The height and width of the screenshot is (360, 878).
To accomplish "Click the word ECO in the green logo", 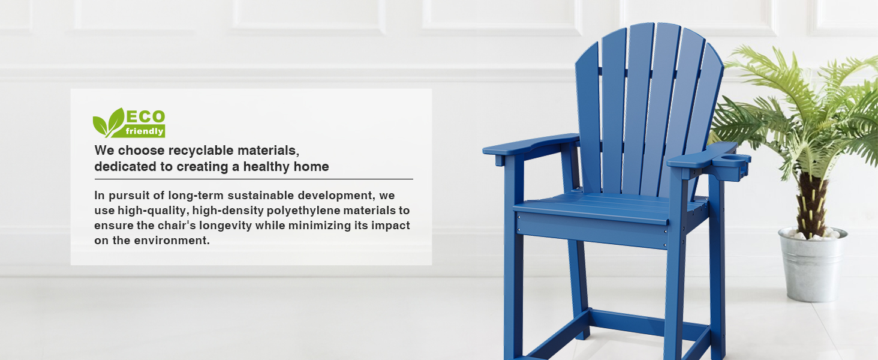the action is pos(145,117).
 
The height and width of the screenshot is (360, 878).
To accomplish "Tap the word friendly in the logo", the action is pos(145,131).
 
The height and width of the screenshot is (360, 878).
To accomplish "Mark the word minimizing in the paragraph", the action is pos(320,226).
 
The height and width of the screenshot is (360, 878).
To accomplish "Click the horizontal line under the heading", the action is pos(254,179).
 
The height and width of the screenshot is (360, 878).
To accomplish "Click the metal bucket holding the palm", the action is pos(812,266).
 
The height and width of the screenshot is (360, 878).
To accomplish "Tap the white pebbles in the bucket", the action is pos(812,235).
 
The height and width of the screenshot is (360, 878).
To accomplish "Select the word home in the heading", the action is pos(311,167).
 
